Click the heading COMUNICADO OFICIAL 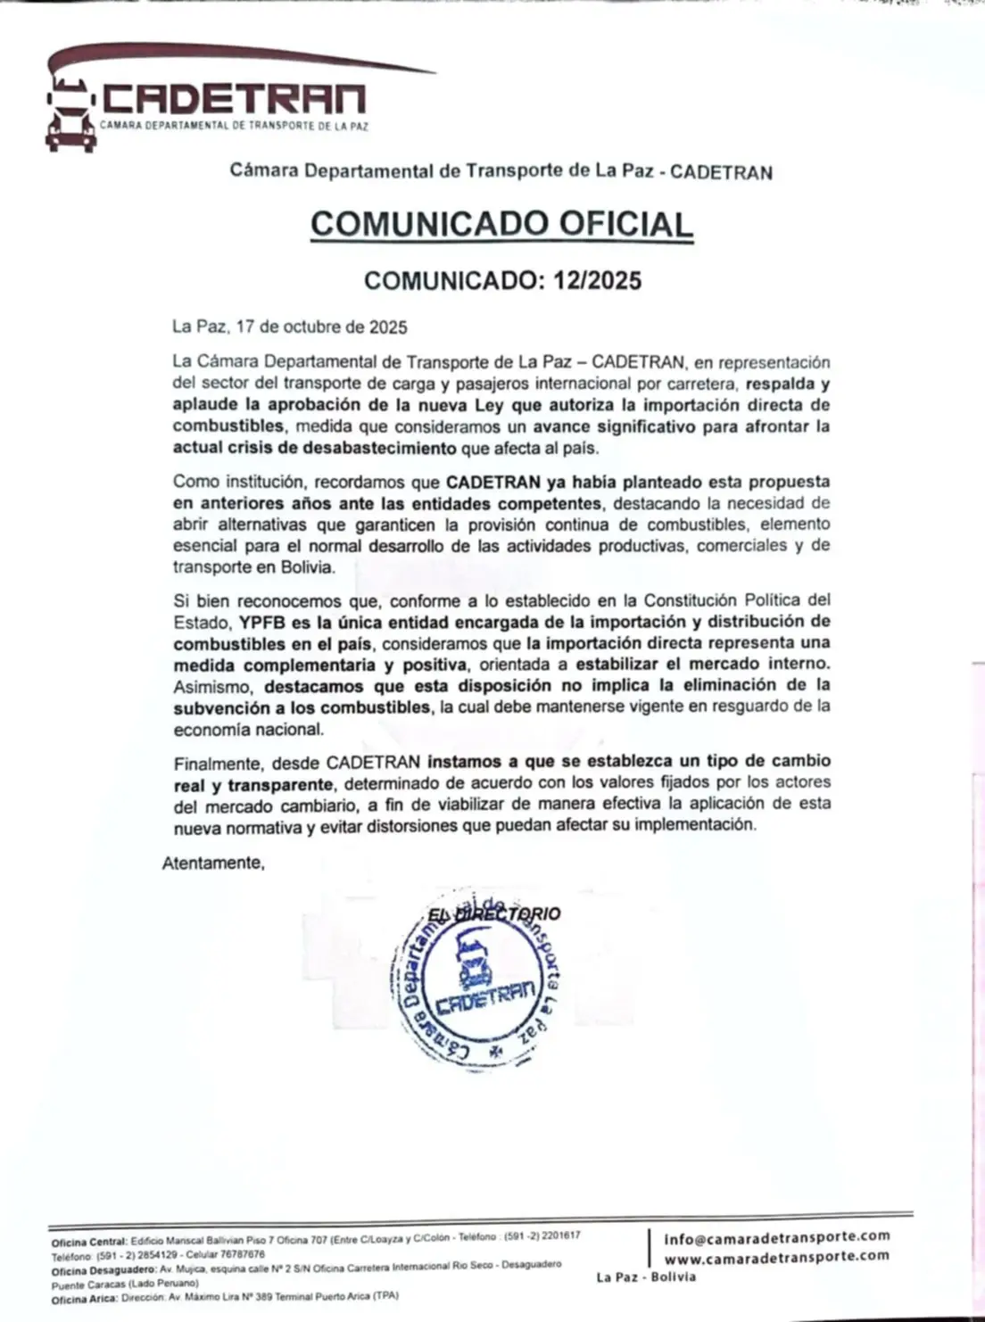(x=501, y=223)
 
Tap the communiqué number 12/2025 (x=597, y=280)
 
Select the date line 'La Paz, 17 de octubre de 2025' (x=290, y=326)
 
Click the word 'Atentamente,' (x=214, y=863)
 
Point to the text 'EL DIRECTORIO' (x=495, y=914)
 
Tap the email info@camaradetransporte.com (x=777, y=1236)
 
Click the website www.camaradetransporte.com (x=777, y=1256)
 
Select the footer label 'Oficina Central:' (x=89, y=1241)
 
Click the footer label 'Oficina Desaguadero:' (x=103, y=1268)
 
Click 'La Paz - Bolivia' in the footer (x=647, y=1277)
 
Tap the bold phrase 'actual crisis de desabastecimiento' (x=315, y=448)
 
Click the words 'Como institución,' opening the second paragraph (x=236, y=482)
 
